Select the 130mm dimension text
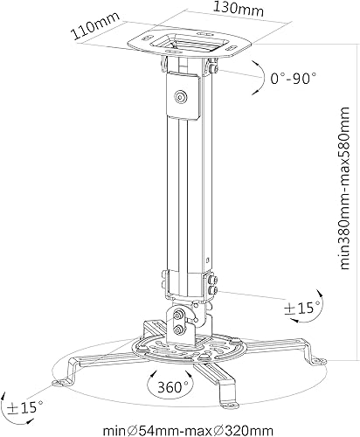217,10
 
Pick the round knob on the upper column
181,98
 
